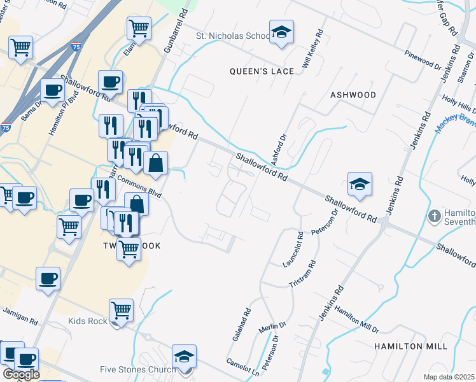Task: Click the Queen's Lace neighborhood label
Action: tap(262, 71)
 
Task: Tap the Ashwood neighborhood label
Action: tap(353, 95)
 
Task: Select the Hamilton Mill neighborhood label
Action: tap(410, 346)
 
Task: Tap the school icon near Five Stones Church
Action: tap(184, 357)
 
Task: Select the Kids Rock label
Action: tap(88, 321)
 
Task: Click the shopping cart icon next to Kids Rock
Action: tap(121, 311)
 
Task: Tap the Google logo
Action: tap(21, 374)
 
